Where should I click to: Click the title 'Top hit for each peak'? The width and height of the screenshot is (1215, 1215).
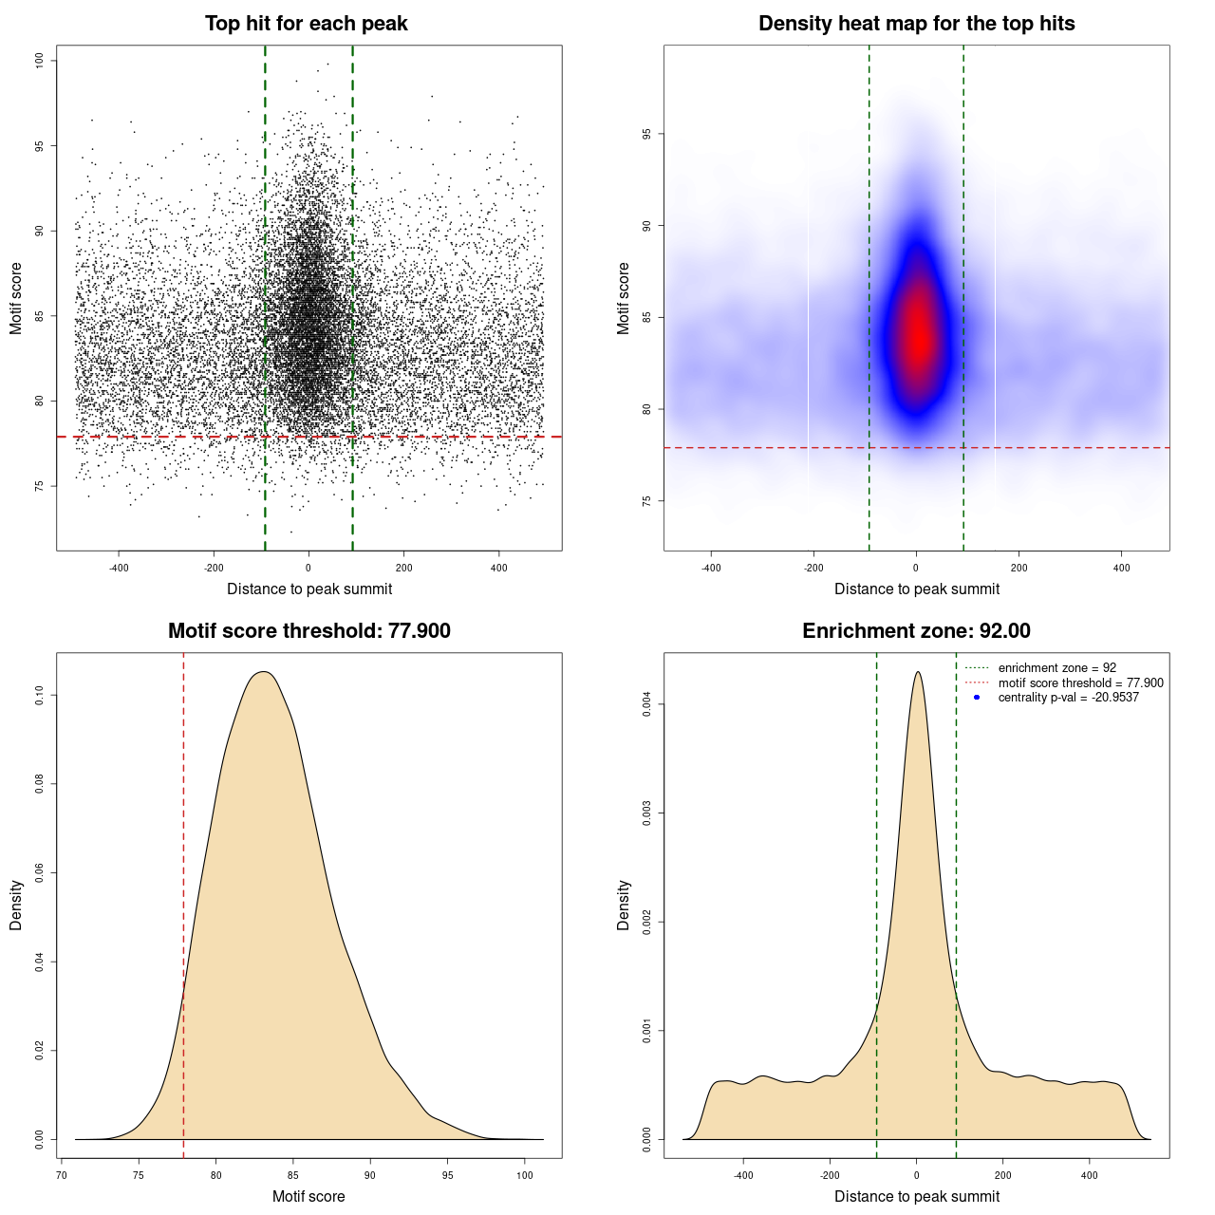[307, 24]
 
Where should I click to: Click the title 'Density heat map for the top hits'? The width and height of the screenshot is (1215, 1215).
[916, 24]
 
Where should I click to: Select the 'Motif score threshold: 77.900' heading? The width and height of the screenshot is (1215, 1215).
[308, 631]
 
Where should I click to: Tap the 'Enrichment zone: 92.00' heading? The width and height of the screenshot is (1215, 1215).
[916, 631]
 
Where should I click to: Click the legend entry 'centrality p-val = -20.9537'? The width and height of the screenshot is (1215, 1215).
[1068, 698]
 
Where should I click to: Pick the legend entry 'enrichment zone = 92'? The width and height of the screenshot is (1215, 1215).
[1056, 668]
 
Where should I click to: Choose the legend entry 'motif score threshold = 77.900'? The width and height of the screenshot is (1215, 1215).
[1080, 683]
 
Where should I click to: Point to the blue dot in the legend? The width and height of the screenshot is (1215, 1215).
[977, 698]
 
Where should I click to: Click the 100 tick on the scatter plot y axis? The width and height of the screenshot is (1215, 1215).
[39, 61]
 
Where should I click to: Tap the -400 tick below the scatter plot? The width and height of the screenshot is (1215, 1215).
[119, 569]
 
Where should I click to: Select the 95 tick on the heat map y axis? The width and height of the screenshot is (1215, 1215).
[646, 134]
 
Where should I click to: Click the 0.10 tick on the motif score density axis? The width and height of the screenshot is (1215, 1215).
[39, 696]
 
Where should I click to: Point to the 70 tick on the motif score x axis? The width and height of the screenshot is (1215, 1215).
[62, 1175]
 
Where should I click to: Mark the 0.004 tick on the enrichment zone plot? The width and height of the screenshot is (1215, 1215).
[646, 704]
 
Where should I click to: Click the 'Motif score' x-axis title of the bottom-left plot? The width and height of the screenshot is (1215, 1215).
[308, 1196]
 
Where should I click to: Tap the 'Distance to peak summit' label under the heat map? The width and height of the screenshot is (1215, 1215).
[916, 589]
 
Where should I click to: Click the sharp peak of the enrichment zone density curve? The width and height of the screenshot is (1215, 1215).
[917, 672]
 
